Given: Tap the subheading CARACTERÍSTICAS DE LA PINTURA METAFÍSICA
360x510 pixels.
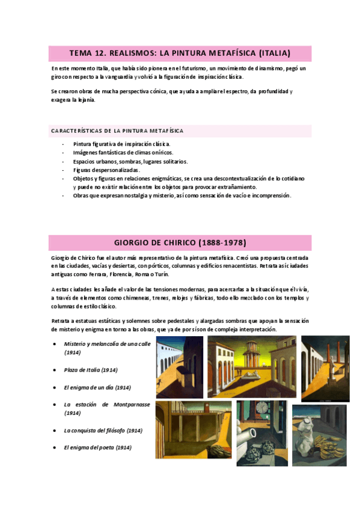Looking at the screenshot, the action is [x=117, y=131].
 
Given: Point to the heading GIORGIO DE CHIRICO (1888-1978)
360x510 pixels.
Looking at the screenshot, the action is [x=180, y=242].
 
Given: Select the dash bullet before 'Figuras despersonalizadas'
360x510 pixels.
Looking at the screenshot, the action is [x=64, y=170].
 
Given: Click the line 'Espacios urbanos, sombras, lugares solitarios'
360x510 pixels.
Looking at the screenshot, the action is [x=130, y=161].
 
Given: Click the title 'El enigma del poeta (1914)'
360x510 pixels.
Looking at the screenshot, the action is [x=97, y=447].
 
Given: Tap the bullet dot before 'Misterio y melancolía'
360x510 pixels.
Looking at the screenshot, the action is [x=55, y=344].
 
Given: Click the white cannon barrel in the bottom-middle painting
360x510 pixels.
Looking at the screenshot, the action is [x=252, y=430].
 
